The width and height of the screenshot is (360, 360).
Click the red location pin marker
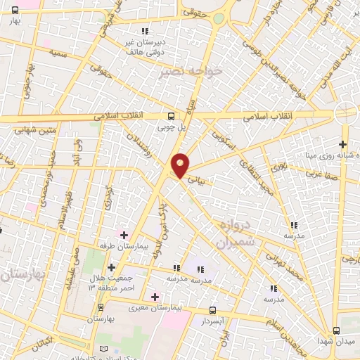pyautogui.click(x=181, y=165)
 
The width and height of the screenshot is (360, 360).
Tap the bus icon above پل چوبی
pyautogui.click(x=172, y=117)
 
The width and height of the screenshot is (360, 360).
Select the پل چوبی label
pyautogui.click(x=172, y=127)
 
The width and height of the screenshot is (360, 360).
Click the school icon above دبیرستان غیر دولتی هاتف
pyautogui.click(x=145, y=31)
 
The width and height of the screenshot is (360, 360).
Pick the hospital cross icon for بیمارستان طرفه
pyautogui.click(x=124, y=235)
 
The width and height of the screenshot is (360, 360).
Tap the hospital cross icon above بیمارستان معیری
pyautogui.click(x=155, y=297)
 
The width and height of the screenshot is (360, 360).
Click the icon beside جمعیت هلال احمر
pyautogui.click(x=111, y=268)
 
